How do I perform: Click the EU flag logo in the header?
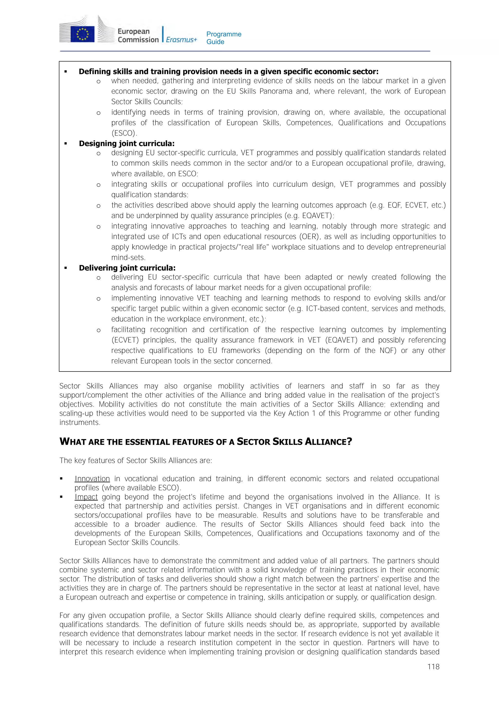tap(82, 33)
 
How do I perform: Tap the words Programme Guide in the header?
tap(223, 38)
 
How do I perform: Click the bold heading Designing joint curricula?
tap(127, 144)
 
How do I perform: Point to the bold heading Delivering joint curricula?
tap(127, 268)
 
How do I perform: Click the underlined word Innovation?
tap(92, 479)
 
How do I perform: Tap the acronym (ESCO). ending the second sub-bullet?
tap(124, 133)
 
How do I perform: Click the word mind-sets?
tap(128, 257)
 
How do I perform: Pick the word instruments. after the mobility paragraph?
tap(80, 422)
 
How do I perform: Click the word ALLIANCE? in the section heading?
tap(328, 442)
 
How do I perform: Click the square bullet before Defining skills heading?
tap(66, 72)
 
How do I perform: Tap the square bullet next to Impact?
tap(61, 497)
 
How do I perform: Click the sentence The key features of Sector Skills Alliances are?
tap(135, 460)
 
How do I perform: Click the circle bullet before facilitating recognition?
tap(98, 330)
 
